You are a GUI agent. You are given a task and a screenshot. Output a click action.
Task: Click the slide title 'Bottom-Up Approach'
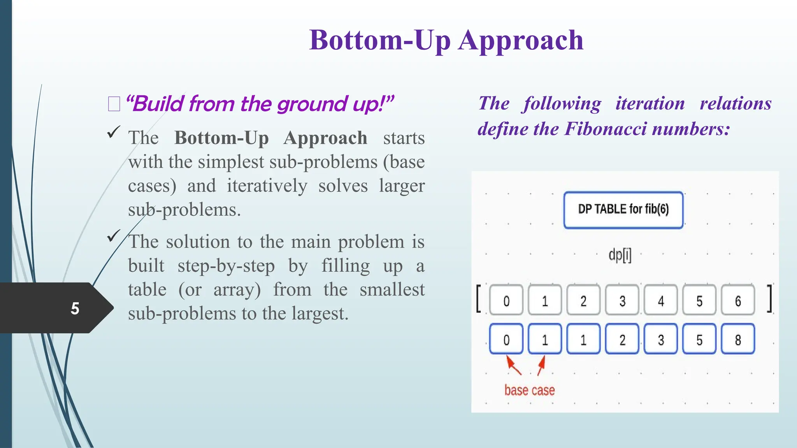446,40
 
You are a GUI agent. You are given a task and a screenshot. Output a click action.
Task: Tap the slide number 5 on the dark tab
75,308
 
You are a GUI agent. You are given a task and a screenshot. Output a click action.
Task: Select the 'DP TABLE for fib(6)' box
623,210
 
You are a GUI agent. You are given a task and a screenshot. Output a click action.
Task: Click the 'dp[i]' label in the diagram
620,255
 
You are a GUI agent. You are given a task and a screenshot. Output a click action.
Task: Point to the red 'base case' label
529,390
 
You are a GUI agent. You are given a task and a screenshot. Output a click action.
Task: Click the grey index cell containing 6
738,301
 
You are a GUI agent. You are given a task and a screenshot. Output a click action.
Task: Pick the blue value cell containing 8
738,339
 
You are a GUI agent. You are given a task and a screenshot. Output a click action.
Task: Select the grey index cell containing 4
661,301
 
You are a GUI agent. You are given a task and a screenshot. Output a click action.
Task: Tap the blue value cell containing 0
506,339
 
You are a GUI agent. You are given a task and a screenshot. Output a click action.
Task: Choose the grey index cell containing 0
506,301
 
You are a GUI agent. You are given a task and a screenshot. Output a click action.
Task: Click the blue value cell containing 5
699,339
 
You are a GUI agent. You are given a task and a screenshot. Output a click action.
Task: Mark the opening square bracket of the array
479,299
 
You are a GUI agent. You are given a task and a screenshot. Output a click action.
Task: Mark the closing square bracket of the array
769,299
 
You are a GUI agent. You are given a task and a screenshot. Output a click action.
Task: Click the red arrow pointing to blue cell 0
514,366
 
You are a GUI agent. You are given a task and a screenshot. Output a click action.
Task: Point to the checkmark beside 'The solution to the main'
113,236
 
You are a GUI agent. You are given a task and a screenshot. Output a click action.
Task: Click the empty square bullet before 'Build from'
114,104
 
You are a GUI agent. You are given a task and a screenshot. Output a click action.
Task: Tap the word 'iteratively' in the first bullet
267,186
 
